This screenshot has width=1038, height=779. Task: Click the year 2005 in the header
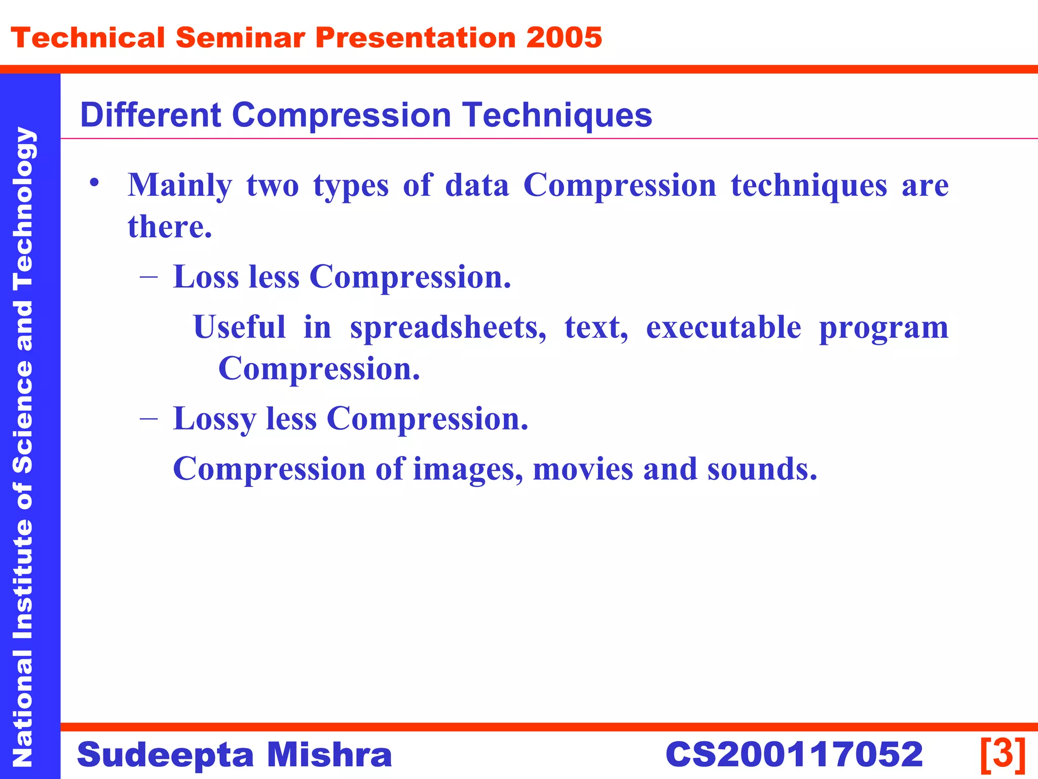point(564,38)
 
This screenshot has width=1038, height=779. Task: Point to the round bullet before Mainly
point(93,182)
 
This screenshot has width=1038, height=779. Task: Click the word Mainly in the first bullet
point(179,185)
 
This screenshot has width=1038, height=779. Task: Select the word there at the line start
point(169,227)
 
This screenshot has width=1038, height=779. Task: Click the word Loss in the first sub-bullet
point(206,277)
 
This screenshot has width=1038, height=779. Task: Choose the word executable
point(723,327)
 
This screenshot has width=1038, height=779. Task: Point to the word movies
point(583,469)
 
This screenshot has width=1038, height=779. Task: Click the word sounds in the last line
point(762,469)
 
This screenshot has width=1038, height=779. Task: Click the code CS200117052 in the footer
point(794,754)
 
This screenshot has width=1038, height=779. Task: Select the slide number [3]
point(1003,754)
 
